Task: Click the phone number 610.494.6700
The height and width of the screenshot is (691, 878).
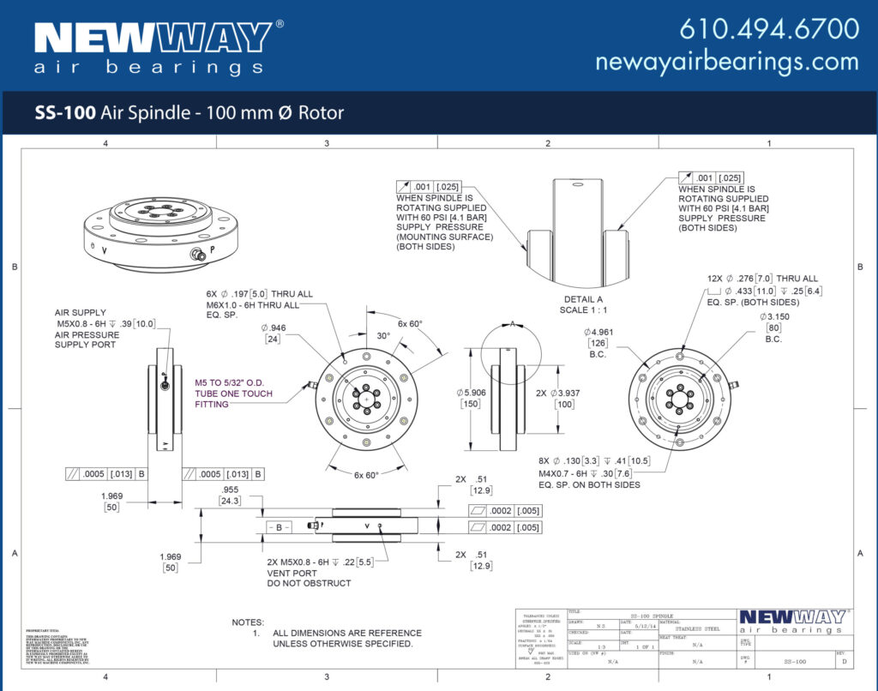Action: pyautogui.click(x=769, y=28)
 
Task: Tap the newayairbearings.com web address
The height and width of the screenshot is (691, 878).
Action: pyautogui.click(x=726, y=62)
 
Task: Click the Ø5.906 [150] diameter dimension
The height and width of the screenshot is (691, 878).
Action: pyautogui.click(x=472, y=398)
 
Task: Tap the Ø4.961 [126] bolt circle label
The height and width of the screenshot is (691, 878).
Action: pyautogui.click(x=599, y=342)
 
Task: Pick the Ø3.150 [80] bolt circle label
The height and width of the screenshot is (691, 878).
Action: pyautogui.click(x=775, y=327)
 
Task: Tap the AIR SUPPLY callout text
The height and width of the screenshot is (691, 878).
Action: pyautogui.click(x=80, y=313)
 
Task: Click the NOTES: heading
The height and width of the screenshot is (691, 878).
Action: pyautogui.click(x=248, y=622)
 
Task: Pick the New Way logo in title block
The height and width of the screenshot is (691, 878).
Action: pyautogui.click(x=792, y=622)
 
